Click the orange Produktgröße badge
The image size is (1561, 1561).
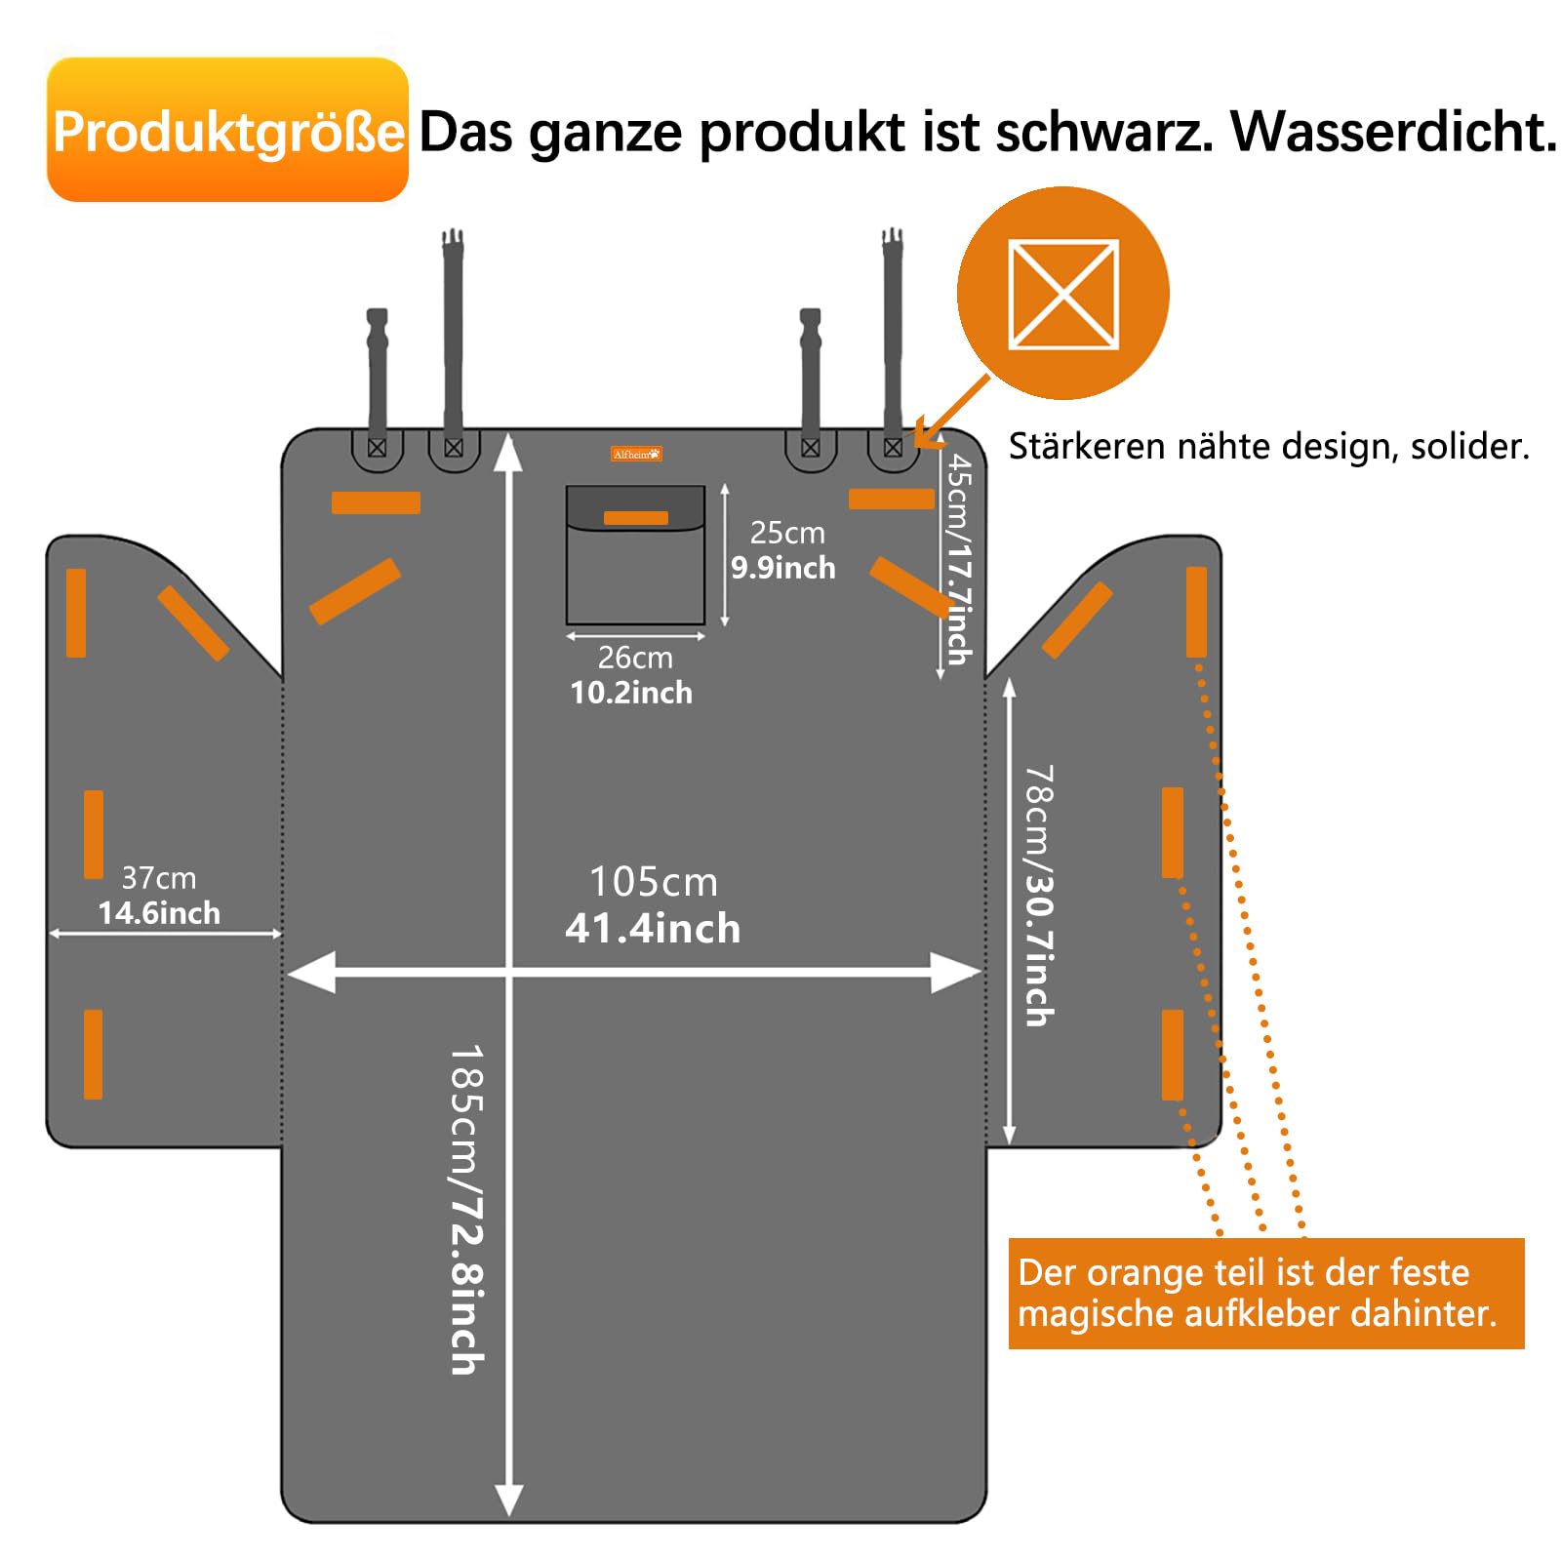coord(227,130)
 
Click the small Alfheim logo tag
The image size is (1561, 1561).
coord(636,454)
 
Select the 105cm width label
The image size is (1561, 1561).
coord(653,882)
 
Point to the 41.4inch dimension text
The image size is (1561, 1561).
coord(653,929)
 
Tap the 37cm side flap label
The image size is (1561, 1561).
coord(158,878)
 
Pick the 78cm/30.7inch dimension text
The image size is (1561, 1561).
coord(1039,896)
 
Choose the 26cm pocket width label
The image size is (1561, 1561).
coord(635,658)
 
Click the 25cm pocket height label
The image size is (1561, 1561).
coord(787,533)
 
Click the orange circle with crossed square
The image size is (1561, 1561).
coord(1063,293)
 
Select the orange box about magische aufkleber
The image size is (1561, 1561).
coord(1265,1293)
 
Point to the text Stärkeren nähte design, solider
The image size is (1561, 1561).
coord(1268,447)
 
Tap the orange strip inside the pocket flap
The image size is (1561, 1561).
coord(635,518)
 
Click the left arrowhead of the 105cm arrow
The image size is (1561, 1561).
coord(312,972)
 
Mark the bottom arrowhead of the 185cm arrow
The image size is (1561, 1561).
coord(509,1499)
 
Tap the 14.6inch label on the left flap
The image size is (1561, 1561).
coord(159,913)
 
